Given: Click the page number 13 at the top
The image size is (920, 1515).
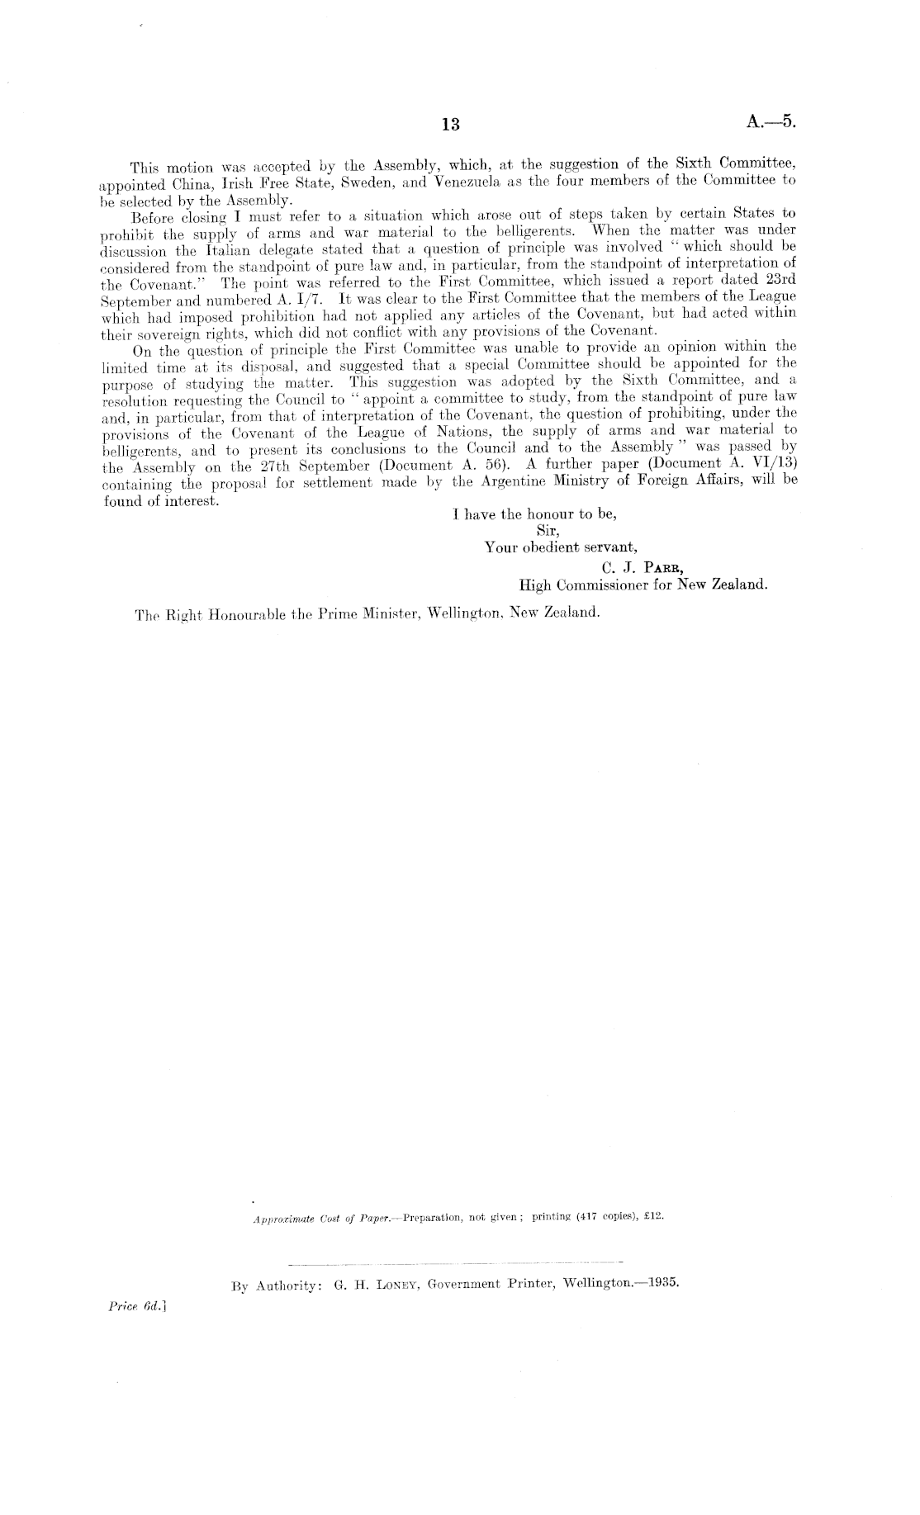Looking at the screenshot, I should (450, 125).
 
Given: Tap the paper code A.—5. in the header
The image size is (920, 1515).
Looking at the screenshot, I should (771, 122).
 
